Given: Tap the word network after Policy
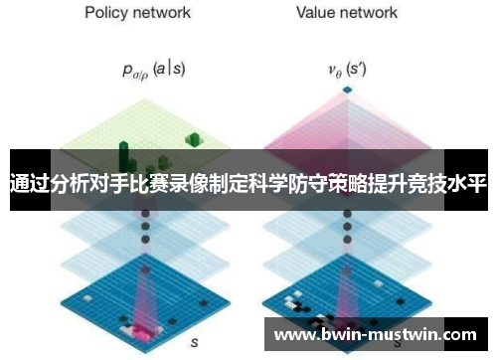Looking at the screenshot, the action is click(x=165, y=13).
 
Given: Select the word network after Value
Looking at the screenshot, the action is click(x=371, y=13).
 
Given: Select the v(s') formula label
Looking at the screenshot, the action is click(x=347, y=71).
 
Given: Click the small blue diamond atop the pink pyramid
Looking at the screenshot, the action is click(x=346, y=90).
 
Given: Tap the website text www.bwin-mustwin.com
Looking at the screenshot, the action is click(x=379, y=335).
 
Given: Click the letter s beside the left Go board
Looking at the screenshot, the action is click(x=195, y=341).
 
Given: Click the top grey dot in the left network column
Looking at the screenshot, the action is click(x=145, y=212).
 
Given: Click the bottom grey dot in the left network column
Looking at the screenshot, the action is click(x=145, y=252).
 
